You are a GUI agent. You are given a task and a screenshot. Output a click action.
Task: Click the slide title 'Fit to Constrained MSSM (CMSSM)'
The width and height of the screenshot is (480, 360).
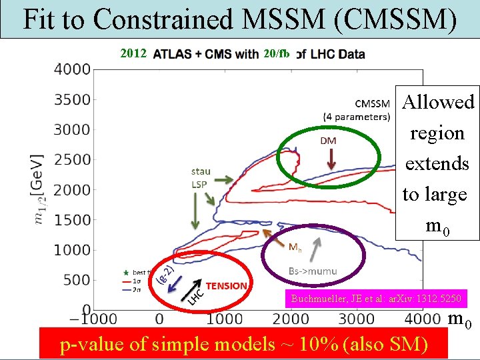239,19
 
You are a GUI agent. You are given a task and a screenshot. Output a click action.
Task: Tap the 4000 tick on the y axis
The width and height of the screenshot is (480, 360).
73,69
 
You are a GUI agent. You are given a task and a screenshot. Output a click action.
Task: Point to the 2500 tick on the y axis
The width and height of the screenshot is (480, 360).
73,159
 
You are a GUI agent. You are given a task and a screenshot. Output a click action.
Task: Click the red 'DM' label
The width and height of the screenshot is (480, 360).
329,140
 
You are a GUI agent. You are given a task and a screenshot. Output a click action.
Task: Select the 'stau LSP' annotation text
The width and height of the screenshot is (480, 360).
201,177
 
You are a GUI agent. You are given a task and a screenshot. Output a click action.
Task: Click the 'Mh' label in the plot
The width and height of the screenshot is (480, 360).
295,247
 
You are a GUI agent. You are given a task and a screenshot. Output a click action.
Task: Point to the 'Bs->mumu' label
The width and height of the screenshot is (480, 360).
313,271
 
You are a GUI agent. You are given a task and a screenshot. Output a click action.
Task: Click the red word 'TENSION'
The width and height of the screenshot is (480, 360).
227,285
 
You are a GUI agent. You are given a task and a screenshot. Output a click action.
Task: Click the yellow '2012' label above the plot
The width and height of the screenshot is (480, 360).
133,53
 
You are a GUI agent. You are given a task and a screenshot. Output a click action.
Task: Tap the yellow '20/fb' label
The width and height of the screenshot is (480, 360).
276,53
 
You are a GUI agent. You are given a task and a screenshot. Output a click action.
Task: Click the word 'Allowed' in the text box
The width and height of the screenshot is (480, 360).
438,102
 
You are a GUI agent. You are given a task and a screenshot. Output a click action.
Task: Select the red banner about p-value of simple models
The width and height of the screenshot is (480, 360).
243,344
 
